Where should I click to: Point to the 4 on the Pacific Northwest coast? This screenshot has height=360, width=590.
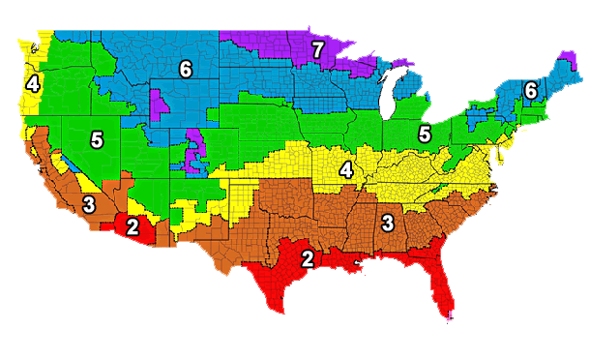coord(33,84)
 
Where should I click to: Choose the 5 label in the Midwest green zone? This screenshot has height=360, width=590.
coord(423,133)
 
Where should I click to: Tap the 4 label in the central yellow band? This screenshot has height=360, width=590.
coord(345,170)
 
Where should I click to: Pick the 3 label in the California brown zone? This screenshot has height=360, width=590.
coord(88,204)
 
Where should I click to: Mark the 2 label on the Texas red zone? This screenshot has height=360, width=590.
coord(307,258)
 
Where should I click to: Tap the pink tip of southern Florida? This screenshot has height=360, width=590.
coord(452,318)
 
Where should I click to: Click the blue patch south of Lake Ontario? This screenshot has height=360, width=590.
coord(474,117)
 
